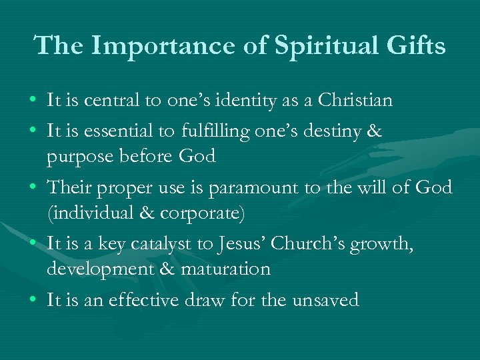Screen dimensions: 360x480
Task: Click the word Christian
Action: (355, 101)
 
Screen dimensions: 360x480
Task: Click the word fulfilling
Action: (215, 131)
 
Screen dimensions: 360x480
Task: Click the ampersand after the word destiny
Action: (373, 131)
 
